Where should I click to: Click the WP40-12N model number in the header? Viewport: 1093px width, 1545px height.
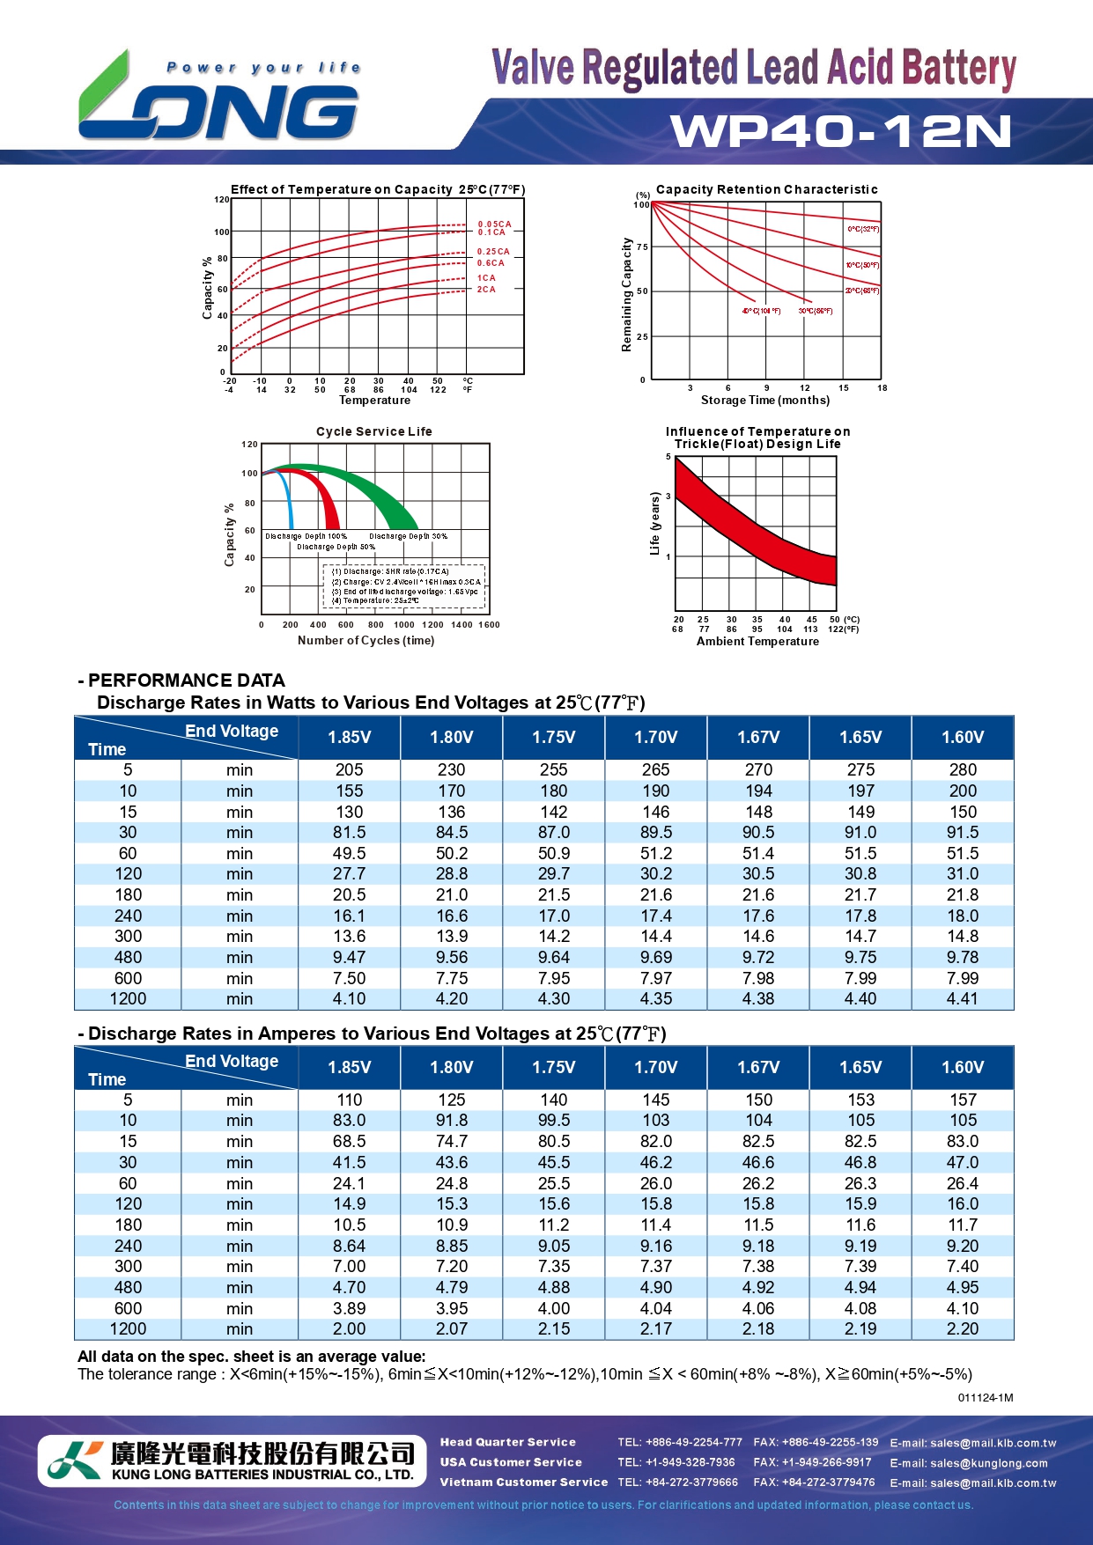tap(841, 131)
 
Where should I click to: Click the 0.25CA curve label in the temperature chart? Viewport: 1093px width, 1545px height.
tap(493, 252)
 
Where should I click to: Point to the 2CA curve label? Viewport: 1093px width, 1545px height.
tap(486, 290)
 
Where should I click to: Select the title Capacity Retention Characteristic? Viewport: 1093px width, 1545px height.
tap(766, 189)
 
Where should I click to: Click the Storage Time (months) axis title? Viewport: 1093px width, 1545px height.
tap(764, 401)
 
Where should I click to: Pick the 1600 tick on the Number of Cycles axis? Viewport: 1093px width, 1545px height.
tap(489, 625)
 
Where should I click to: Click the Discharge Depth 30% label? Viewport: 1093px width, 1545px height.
tap(408, 536)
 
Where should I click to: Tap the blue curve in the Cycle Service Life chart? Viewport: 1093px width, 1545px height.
tap(288, 497)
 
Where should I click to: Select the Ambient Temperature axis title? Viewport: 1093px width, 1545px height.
tap(757, 642)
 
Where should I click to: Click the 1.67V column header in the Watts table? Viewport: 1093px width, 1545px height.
tap(758, 738)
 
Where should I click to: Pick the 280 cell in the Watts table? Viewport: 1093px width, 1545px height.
tap(963, 770)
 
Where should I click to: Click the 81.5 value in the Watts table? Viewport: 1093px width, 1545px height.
tap(349, 833)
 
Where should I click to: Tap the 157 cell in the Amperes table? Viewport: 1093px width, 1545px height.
tap(963, 1100)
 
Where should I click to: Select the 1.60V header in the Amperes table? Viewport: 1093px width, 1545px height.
tap(963, 1068)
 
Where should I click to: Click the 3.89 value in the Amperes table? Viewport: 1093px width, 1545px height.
tap(349, 1309)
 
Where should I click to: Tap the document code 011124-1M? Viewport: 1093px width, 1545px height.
tap(986, 1398)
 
